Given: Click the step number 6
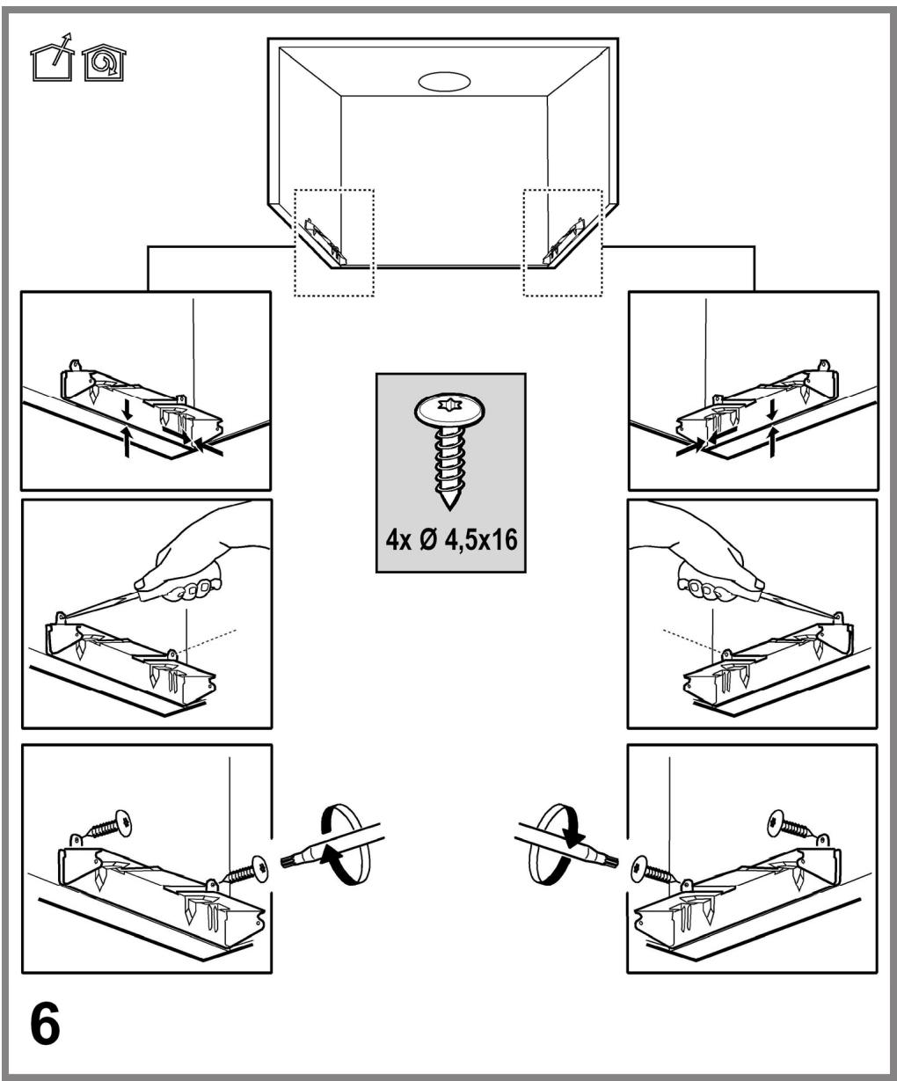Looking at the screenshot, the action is tap(45, 1023).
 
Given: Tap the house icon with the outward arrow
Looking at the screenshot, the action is tap(52, 58).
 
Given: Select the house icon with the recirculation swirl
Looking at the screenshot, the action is tap(104, 62).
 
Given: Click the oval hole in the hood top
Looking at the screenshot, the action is tap(444, 81).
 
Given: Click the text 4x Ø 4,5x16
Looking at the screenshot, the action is tap(451, 540).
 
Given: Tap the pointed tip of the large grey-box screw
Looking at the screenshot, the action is tap(449, 509).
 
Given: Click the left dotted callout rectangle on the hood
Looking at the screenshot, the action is tap(295, 243).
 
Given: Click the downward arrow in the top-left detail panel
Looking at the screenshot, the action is tap(128, 413).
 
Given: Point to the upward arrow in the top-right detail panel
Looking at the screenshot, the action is tap(772, 441).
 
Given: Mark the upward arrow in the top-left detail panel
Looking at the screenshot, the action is tap(128, 441).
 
